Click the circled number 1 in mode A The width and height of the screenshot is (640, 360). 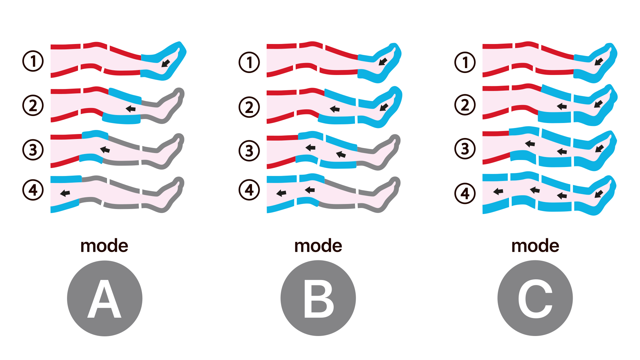click(x=33, y=61)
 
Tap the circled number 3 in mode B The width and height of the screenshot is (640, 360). click(x=249, y=151)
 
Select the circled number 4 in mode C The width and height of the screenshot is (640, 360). click(x=465, y=193)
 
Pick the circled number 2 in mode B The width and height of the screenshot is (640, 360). click(x=249, y=107)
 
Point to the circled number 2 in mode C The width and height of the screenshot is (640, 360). click(x=465, y=105)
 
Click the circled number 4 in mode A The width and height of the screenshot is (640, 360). click(x=33, y=190)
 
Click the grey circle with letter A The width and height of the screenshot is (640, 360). click(x=105, y=298)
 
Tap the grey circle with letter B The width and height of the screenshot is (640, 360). click(x=318, y=298)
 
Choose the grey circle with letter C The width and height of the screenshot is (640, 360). click(x=535, y=298)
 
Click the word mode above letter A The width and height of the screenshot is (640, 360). click(x=104, y=246)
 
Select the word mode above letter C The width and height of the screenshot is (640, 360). click(x=535, y=246)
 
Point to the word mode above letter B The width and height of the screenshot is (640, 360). click(x=318, y=246)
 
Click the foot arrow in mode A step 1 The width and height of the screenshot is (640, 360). click(x=166, y=63)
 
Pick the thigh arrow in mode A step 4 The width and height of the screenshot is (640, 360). click(x=65, y=193)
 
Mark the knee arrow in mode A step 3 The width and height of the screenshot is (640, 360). click(x=105, y=150)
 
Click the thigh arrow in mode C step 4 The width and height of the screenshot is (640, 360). click(x=498, y=191)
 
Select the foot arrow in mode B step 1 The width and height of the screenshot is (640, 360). click(x=383, y=62)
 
